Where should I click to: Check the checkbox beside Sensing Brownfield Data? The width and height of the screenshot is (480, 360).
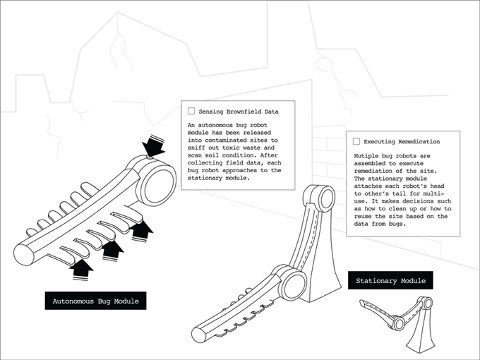tap(191, 111)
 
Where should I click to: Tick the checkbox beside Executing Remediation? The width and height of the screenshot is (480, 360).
tap(356, 141)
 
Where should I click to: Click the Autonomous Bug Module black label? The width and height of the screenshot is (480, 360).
tap(95, 301)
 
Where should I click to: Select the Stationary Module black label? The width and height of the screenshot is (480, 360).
tap(390, 281)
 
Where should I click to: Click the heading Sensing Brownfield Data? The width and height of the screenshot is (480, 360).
tap(239, 111)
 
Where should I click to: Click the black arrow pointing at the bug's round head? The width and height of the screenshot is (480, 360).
tap(153, 147)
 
